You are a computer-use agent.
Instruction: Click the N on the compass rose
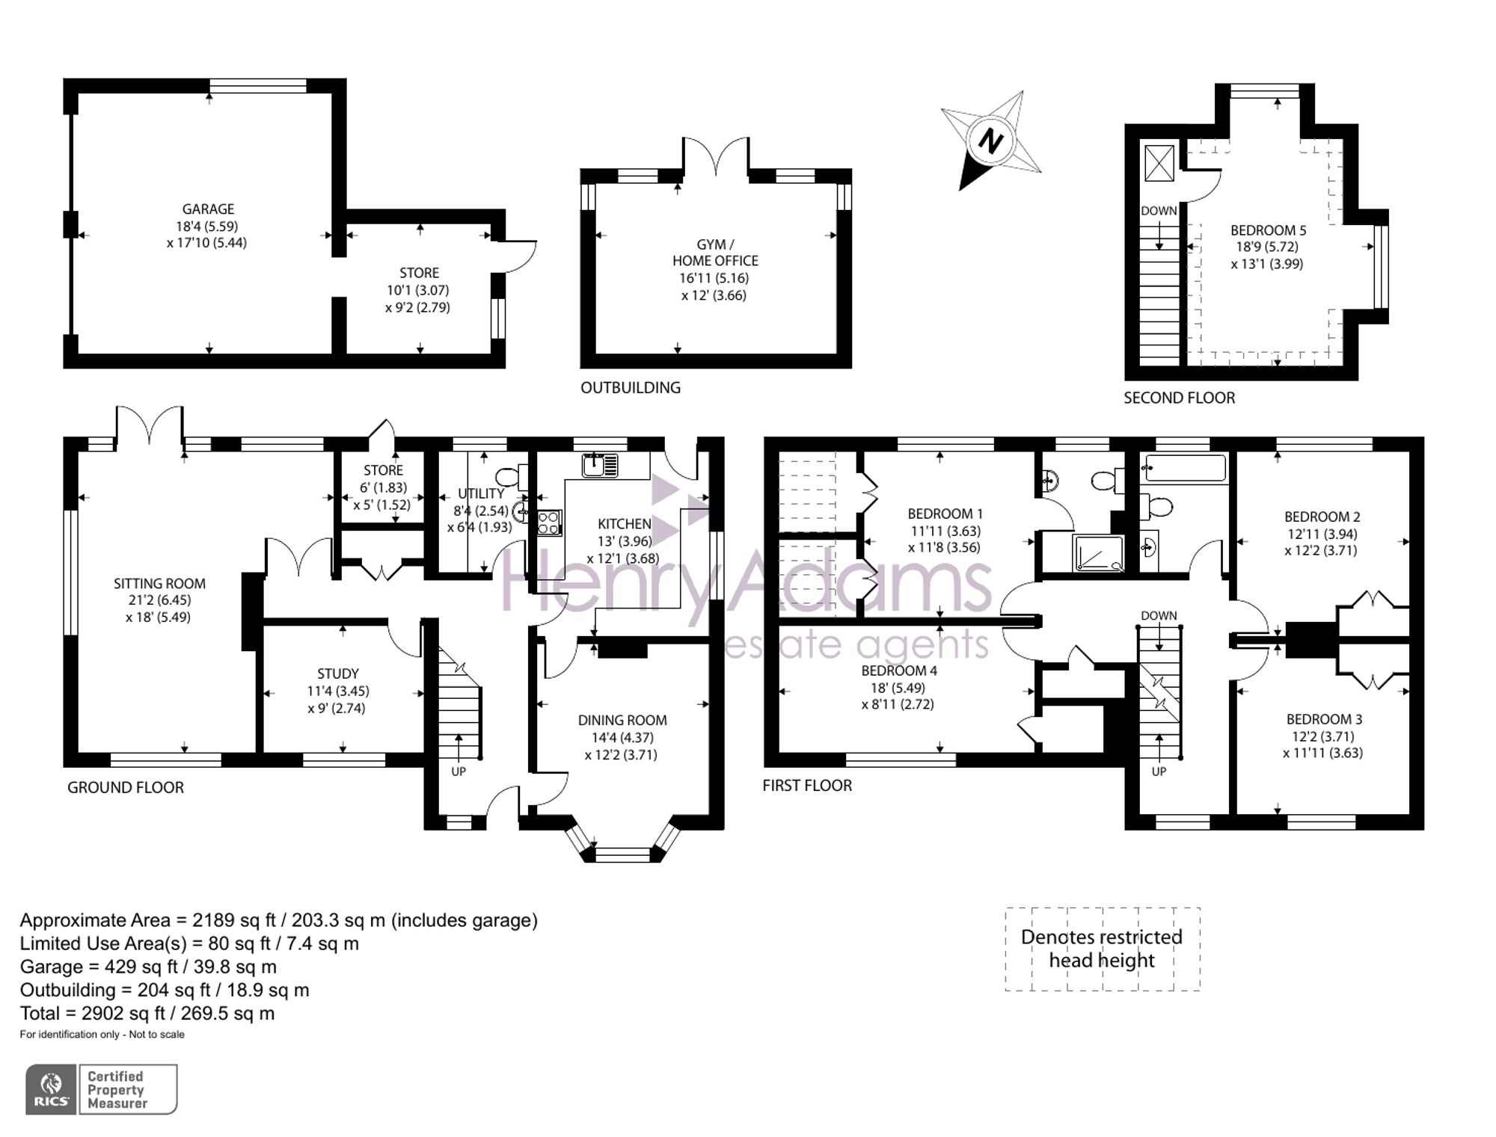990,141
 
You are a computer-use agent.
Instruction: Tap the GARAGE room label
208,209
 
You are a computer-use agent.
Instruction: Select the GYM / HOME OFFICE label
715,253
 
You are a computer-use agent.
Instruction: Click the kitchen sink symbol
600,465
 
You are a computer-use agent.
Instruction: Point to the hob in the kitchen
548,522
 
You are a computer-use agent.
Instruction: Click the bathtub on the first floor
1186,469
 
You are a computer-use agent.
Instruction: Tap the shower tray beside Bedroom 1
1098,554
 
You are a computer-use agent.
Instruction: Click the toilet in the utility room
509,476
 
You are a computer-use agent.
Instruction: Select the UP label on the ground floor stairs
458,771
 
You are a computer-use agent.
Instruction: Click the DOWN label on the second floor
1159,211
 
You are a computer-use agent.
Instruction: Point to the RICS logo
51,1089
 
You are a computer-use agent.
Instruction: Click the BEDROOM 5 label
1268,230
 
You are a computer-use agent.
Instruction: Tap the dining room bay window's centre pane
622,854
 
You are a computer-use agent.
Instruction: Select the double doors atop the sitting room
150,427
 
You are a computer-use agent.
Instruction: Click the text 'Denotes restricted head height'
1102,949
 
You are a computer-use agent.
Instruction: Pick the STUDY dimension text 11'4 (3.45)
337,691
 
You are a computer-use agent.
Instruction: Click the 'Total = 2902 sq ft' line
147,1013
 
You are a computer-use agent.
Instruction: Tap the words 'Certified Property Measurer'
117,1089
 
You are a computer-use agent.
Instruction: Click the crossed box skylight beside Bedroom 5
1159,163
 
